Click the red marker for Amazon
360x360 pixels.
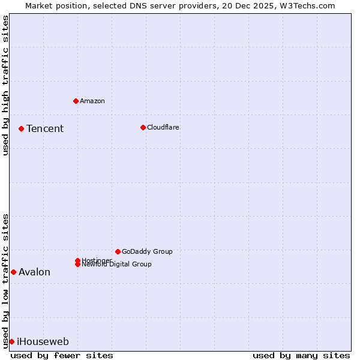(x=76, y=101)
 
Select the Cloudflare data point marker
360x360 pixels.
(x=143, y=127)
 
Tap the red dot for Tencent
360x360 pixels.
(x=21, y=128)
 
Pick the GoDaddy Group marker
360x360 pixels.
(x=118, y=251)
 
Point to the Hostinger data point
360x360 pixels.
(x=77, y=260)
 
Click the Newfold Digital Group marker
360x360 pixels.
(x=77, y=264)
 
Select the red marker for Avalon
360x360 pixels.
(x=13, y=272)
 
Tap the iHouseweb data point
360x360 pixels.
(x=11, y=341)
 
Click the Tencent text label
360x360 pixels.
(x=45, y=129)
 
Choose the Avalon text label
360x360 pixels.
(x=34, y=272)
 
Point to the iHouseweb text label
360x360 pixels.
(x=43, y=342)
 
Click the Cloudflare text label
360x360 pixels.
(x=163, y=128)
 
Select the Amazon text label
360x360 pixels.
(x=92, y=101)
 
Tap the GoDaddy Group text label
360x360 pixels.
(x=147, y=252)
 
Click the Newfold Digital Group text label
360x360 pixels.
(x=117, y=265)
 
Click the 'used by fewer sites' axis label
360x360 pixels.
(x=62, y=355)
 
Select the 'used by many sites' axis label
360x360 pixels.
(x=301, y=355)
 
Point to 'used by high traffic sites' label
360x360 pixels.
(x=5, y=85)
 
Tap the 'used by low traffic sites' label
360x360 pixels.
(x=5, y=280)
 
